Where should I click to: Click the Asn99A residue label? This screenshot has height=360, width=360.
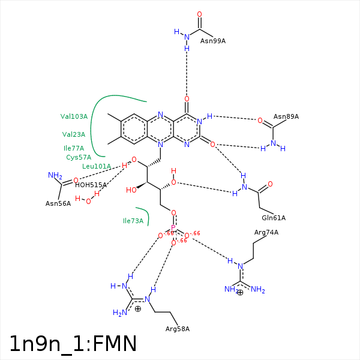213,41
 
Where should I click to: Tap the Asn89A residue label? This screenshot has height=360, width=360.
286,116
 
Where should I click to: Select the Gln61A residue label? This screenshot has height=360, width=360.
274,218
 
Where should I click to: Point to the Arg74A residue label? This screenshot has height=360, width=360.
266,232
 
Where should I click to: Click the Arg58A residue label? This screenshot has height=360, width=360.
178,329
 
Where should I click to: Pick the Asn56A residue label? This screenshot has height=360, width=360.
58,203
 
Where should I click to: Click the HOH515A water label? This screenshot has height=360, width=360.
91,185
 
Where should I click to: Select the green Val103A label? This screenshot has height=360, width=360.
74,116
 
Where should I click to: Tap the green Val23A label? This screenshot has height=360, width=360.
74,134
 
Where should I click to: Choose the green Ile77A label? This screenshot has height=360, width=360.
74,148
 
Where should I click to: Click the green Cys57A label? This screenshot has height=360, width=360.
79,157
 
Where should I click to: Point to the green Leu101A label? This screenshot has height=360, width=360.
97,166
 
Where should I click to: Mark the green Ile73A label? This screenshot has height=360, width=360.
133,221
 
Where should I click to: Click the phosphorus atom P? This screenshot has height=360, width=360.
173,228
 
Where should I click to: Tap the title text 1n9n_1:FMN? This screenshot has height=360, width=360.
73,344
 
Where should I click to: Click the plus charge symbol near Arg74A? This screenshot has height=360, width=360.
240,292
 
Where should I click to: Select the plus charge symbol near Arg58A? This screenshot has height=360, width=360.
138,308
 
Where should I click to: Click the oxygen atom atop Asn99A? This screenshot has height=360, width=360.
199,14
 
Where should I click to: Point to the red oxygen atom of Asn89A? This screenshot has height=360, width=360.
260,121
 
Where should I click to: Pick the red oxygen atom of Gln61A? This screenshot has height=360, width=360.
270,184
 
